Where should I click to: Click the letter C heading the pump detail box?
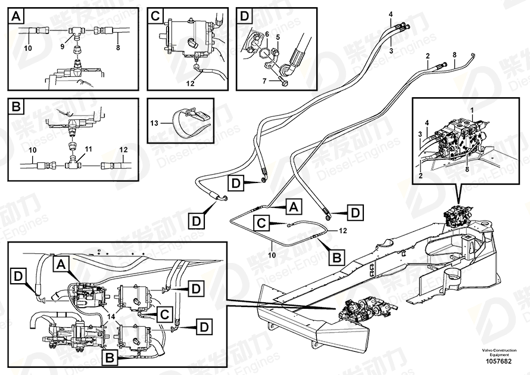[x=154, y=15]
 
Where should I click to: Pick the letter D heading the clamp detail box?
[x=244, y=15]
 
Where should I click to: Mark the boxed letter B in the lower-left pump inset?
[x=110, y=358]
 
